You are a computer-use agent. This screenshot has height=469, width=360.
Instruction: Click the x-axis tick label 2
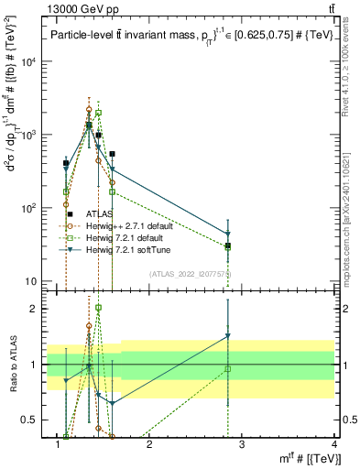pyautogui.click(x=149, y=446)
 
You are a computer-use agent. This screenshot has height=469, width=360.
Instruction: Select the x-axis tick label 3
pyautogui.click(x=242, y=446)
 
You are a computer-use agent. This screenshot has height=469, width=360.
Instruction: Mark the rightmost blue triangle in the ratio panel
pyautogui.click(x=228, y=336)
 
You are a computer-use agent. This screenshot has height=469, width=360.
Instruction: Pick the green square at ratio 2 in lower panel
pyautogui.click(x=98, y=308)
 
